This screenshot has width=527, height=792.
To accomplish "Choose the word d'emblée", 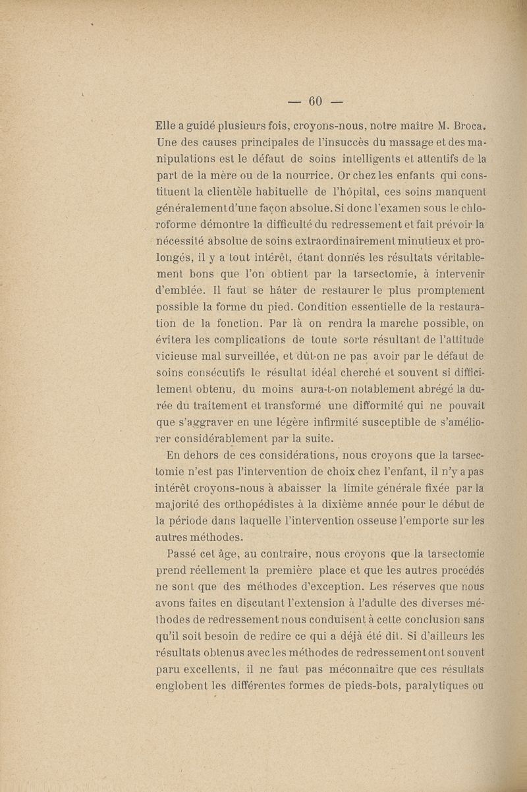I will pyautogui.click(x=182, y=289).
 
